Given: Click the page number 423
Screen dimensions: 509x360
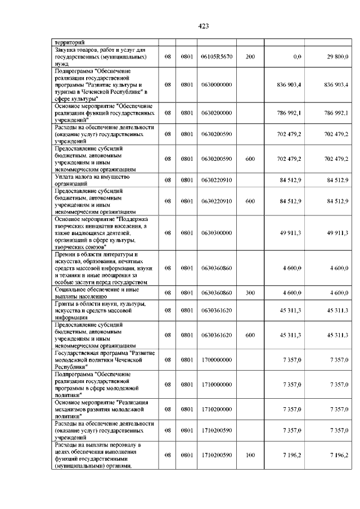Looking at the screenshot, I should [x=204, y=26].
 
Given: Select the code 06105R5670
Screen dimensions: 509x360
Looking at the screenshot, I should [x=217, y=57].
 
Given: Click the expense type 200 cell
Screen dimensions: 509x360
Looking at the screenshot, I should [x=250, y=57].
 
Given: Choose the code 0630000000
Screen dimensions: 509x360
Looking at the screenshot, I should [x=217, y=84].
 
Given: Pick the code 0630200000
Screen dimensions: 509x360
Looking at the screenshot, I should [x=217, y=112].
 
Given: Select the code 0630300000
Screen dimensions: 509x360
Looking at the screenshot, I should [x=217, y=232].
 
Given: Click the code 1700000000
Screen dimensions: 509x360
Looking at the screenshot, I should [x=217, y=359].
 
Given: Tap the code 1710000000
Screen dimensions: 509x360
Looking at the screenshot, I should [x=217, y=384].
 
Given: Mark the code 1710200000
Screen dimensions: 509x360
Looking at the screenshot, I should [x=217, y=409].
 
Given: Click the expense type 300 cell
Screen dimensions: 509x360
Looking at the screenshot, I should [x=250, y=293].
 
